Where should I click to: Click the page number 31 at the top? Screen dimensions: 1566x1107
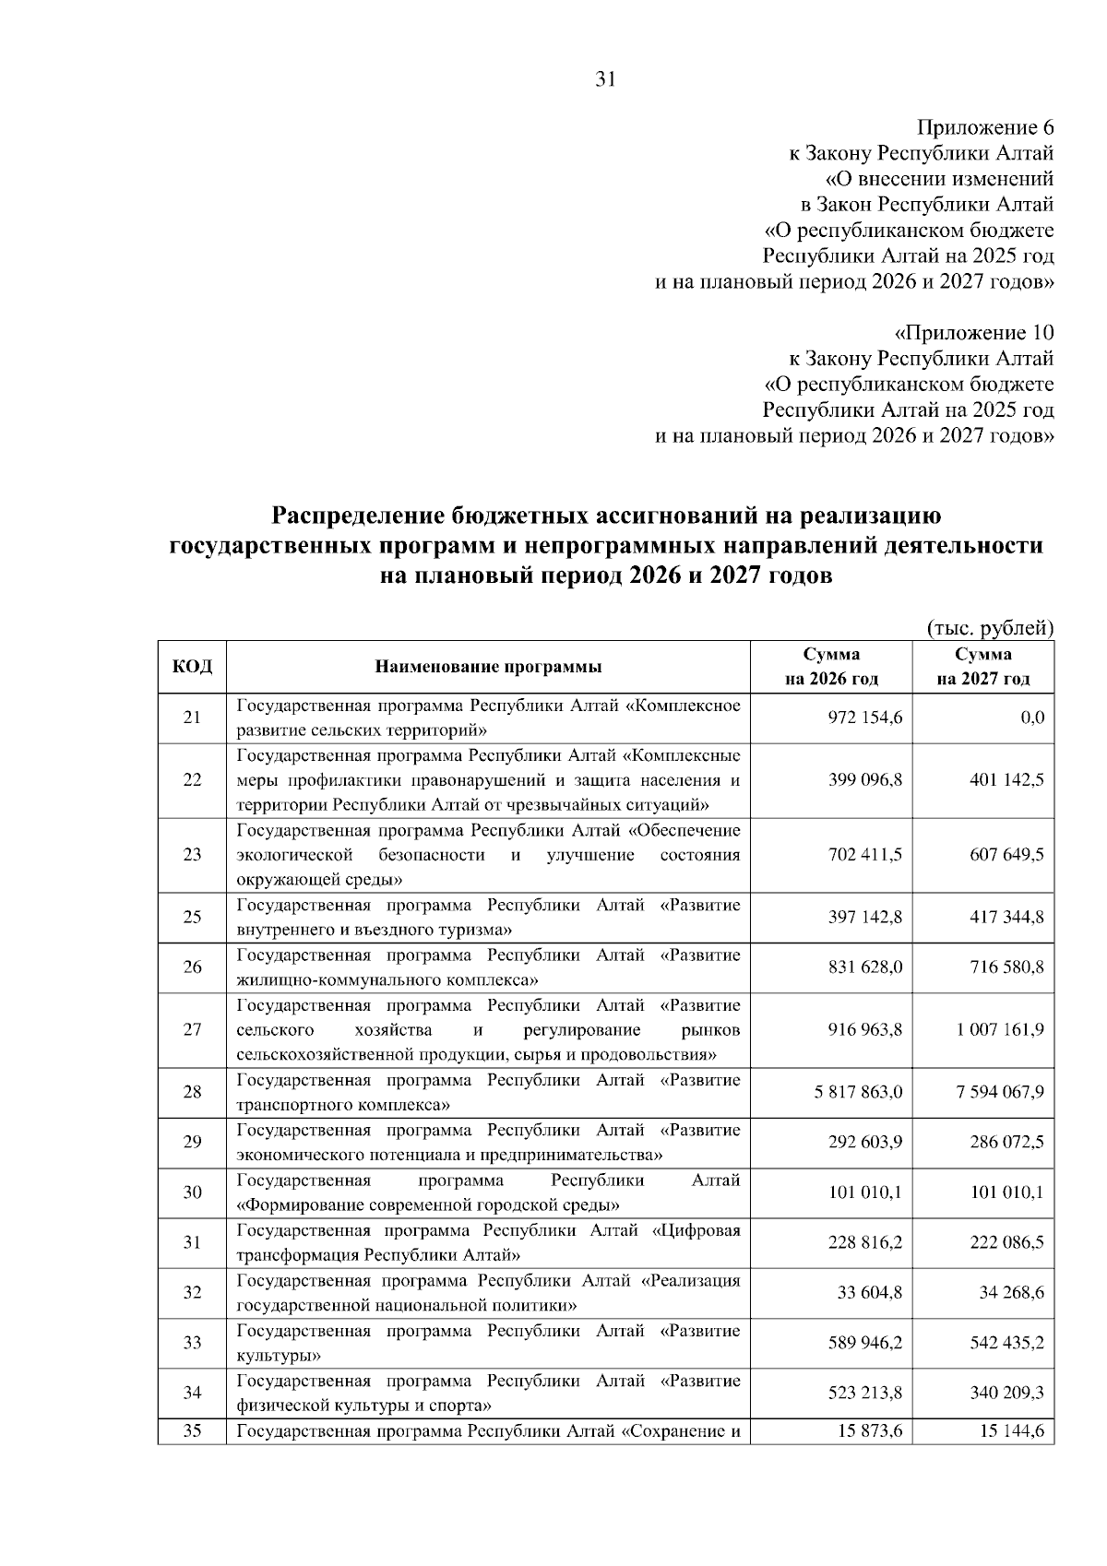605,79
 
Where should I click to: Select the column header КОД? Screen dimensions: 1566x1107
192,666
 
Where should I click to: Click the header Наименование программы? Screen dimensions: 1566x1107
488,667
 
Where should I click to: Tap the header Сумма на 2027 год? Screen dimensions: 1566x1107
982,667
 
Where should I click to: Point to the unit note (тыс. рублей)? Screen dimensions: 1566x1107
989,629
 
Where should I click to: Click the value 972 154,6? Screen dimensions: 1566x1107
864,718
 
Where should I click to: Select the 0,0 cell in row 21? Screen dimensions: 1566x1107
1032,718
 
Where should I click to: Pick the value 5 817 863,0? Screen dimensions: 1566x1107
858,1093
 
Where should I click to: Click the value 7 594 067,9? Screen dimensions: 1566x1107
1000,1093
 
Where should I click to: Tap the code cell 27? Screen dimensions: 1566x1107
192,1030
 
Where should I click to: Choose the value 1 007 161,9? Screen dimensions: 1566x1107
1000,1030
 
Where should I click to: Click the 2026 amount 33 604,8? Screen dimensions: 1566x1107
870,1293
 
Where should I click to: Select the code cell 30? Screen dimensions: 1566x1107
192,1192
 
